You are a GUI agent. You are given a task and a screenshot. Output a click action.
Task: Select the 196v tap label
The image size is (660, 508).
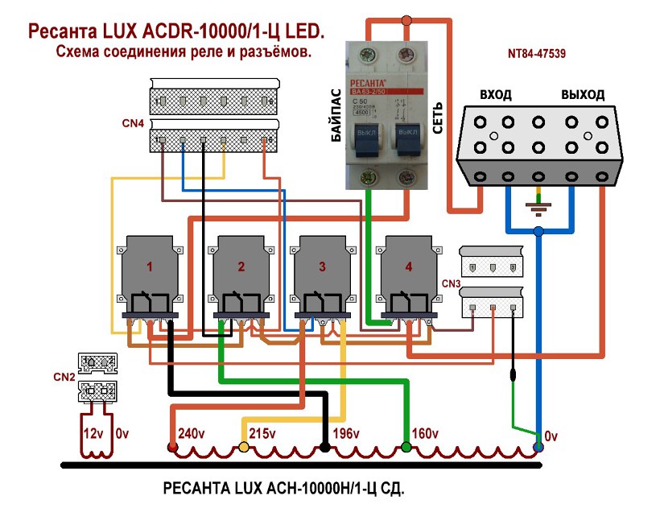[x=347, y=434]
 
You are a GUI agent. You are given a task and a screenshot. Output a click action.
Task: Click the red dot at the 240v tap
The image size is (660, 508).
[x=171, y=447]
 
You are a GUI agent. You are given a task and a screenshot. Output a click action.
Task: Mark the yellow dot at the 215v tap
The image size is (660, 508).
[x=244, y=447]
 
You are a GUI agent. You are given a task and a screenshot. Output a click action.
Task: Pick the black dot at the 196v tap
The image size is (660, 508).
[x=324, y=447]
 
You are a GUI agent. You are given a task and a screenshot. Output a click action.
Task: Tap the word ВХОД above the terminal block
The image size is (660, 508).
[x=496, y=95]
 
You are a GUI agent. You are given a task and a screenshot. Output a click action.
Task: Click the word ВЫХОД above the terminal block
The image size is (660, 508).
[x=583, y=95]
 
